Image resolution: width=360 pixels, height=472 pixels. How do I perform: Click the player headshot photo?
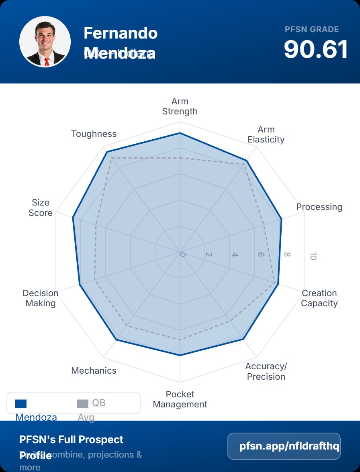[x=45, y=42]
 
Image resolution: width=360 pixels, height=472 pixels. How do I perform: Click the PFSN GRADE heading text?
[x=312, y=29]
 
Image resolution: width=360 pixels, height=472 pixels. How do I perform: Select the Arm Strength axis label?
[x=180, y=106]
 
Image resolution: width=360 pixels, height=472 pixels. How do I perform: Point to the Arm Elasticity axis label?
[x=266, y=134]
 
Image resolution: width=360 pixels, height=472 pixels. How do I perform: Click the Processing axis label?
[x=319, y=207]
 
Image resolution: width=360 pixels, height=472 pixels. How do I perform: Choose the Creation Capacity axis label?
[x=319, y=298]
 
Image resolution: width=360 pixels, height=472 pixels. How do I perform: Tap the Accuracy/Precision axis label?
[x=266, y=371]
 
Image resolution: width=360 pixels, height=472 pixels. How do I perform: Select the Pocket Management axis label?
[x=180, y=399]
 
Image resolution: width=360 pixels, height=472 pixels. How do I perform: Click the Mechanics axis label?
[x=94, y=370]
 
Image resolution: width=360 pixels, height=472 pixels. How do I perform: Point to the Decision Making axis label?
[x=41, y=298]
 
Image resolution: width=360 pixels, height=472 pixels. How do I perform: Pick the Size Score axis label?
[x=41, y=208]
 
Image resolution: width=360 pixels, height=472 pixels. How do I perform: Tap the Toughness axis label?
[x=94, y=134]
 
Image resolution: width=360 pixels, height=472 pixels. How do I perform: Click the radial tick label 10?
[x=313, y=256]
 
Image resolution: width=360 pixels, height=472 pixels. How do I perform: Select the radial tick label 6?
[x=261, y=255]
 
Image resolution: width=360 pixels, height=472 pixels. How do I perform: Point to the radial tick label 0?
[x=183, y=255]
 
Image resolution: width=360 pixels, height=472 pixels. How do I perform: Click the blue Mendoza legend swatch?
[x=21, y=404]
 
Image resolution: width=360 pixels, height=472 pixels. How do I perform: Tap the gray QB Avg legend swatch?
[x=82, y=404]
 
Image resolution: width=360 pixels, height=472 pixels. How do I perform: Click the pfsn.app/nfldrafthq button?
[x=284, y=446]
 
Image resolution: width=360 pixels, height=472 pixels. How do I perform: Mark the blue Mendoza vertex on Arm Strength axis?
[x=180, y=133]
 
